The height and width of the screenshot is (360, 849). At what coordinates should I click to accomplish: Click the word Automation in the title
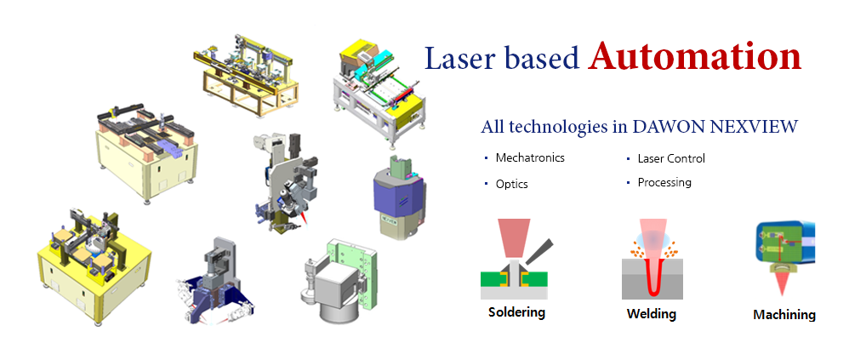click(695, 56)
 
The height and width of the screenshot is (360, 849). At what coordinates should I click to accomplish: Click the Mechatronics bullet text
click(530, 157)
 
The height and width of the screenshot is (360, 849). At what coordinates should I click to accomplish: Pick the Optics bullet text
click(511, 184)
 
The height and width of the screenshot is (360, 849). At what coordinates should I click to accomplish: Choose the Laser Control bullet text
click(671, 158)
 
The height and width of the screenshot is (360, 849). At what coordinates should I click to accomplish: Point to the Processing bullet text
click(664, 182)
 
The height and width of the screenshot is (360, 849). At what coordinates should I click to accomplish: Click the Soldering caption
click(516, 311)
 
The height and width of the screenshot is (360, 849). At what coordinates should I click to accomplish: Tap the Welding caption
click(652, 313)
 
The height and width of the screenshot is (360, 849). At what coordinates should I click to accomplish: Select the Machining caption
click(784, 315)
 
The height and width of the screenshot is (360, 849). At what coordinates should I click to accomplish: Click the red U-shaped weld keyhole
click(651, 276)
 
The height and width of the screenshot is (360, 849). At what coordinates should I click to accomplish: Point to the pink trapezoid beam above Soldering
click(514, 237)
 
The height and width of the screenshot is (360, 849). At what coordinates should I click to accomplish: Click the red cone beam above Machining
click(781, 283)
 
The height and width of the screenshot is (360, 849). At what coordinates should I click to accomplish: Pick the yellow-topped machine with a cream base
click(94, 266)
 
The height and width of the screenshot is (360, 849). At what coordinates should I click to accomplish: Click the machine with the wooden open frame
click(246, 75)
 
